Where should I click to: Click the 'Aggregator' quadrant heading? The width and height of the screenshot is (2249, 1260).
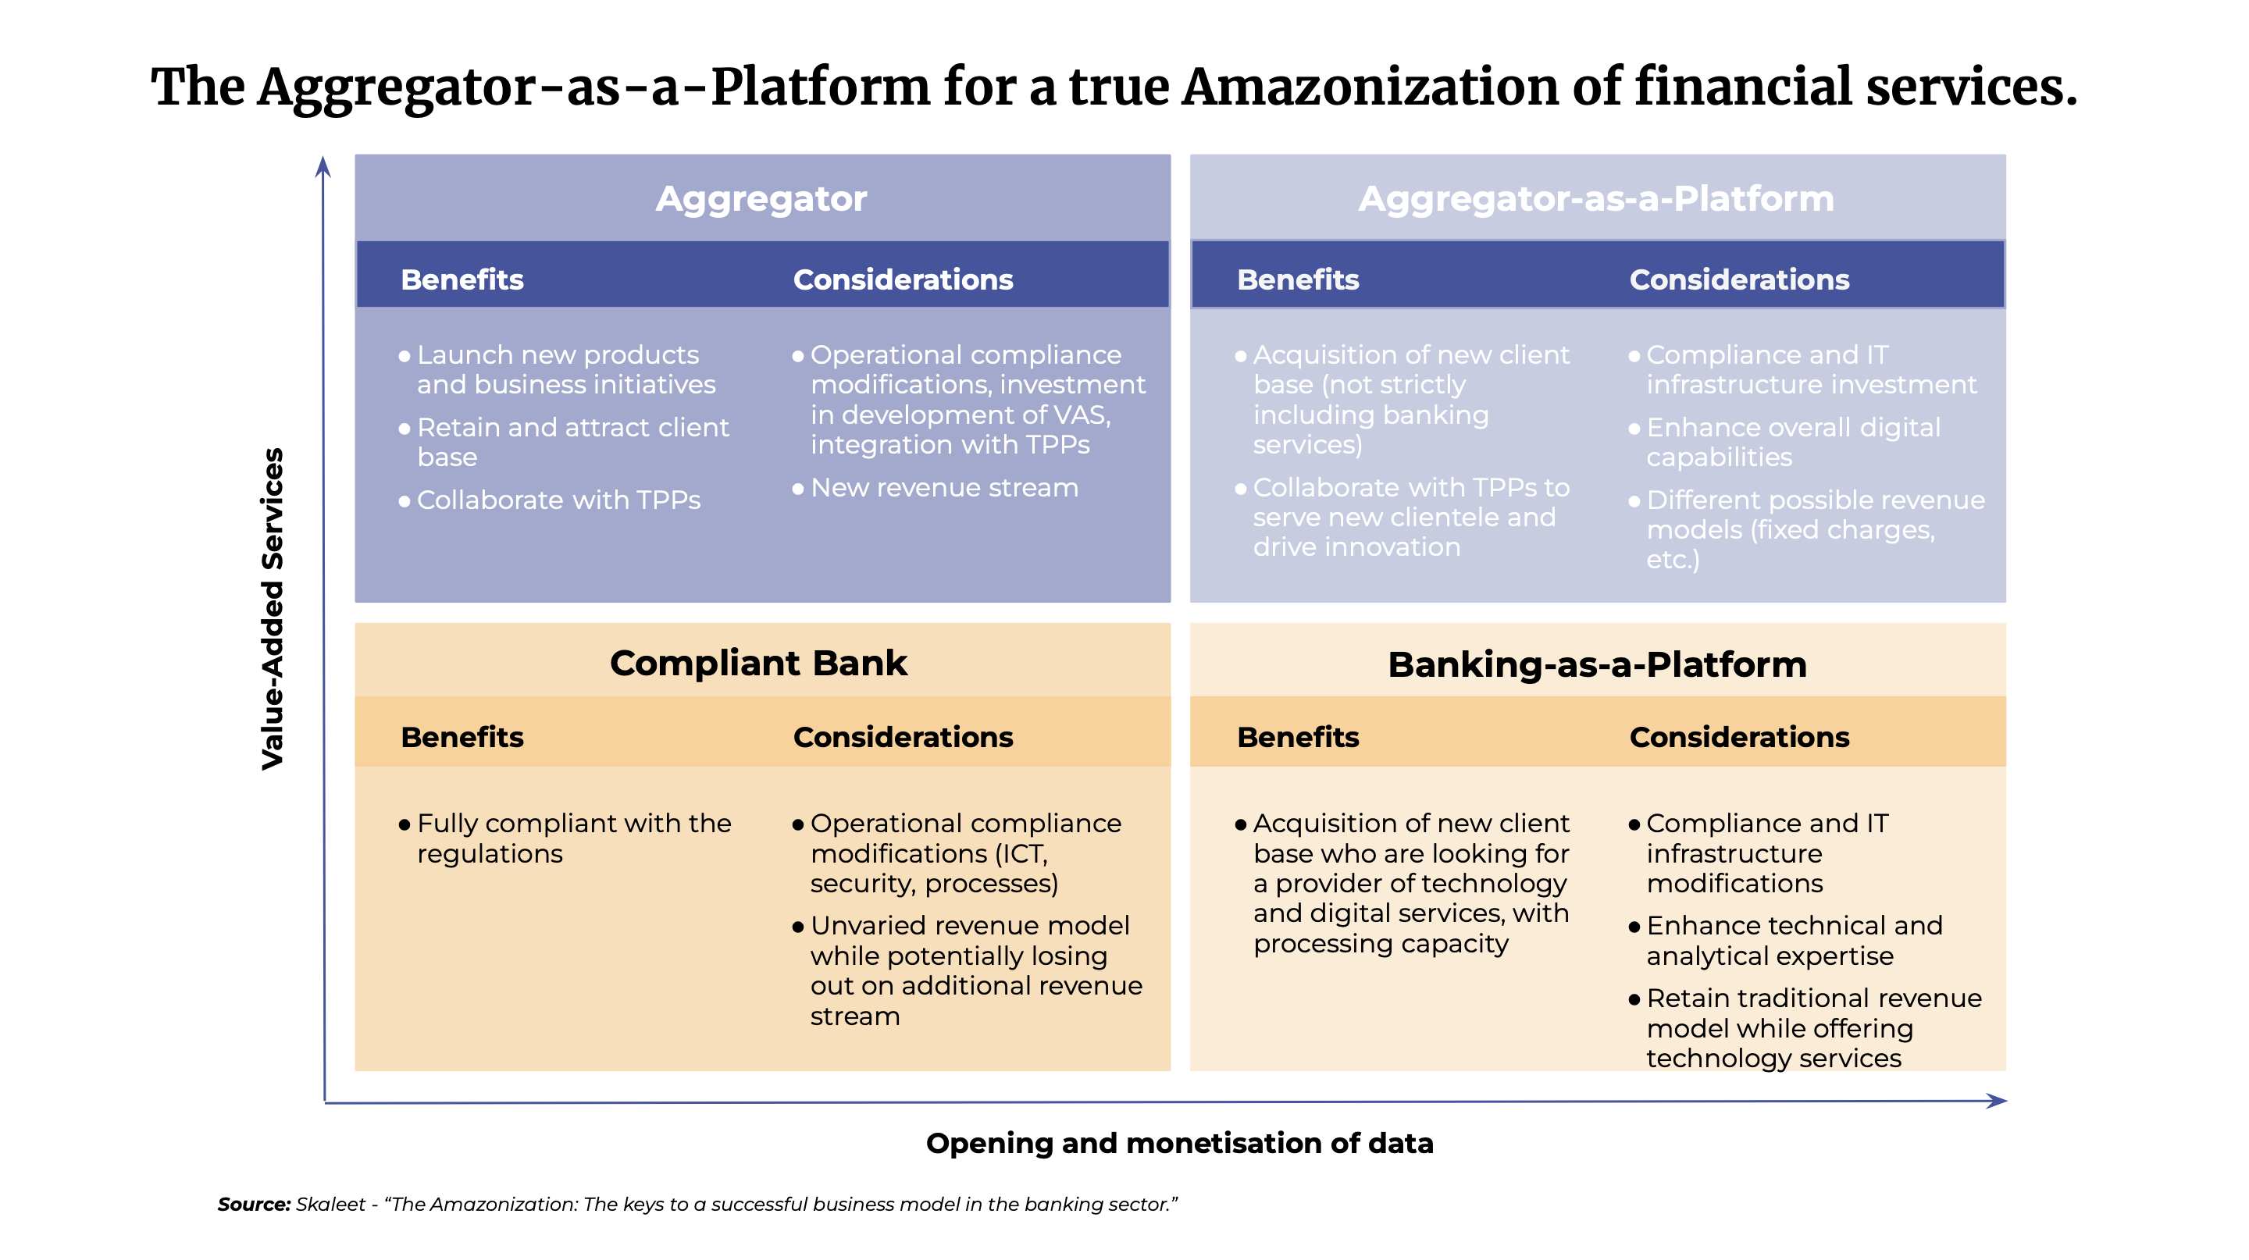click(x=761, y=199)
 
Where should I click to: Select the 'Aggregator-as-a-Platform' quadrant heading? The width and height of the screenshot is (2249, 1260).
click(x=1597, y=199)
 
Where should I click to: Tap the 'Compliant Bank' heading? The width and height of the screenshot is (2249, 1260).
click(x=759, y=663)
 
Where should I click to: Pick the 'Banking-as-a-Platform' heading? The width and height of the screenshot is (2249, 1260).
click(x=1597, y=665)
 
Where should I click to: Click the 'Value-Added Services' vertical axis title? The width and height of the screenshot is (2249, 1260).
click(x=273, y=608)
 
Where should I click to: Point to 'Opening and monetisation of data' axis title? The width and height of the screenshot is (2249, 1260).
click(x=1179, y=1143)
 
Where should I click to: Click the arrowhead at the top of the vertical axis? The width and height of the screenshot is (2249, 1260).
click(x=323, y=166)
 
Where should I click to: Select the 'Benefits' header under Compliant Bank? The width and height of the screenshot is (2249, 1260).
click(x=462, y=737)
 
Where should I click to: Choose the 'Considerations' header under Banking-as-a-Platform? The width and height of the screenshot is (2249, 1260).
click(x=1739, y=737)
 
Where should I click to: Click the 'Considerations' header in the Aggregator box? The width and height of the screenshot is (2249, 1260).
click(x=903, y=279)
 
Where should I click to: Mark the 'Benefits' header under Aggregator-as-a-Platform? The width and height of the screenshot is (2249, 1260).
click(x=1298, y=279)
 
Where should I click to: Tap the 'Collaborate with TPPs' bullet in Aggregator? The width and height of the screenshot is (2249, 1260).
click(x=549, y=500)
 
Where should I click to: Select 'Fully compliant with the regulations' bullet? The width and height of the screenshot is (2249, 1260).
click(x=565, y=838)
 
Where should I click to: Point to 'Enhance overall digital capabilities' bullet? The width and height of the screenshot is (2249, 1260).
click(x=1784, y=443)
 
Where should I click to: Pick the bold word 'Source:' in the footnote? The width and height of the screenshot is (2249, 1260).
click(x=254, y=1204)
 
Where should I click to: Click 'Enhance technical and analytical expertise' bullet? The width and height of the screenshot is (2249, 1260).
click(x=1785, y=941)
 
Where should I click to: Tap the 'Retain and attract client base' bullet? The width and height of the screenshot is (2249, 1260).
click(x=564, y=443)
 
